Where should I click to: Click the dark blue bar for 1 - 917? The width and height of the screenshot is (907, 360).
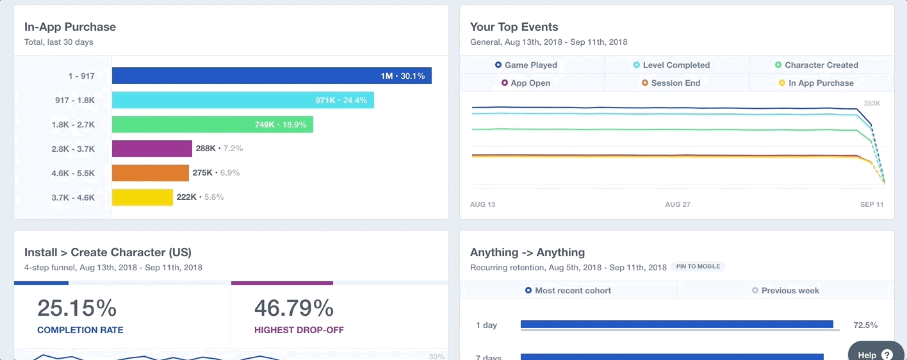pyautogui.click(x=272, y=76)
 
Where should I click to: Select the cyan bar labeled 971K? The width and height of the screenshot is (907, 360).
pyautogui.click(x=243, y=100)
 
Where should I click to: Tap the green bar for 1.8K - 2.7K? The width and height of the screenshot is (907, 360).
pyautogui.click(x=212, y=124)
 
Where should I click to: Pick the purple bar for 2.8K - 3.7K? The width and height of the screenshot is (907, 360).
pyautogui.click(x=152, y=149)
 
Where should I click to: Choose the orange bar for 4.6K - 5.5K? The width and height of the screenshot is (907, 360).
pyautogui.click(x=150, y=173)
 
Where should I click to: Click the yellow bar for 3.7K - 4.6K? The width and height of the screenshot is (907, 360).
pyautogui.click(x=142, y=197)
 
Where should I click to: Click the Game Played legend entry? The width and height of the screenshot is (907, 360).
pyautogui.click(x=526, y=65)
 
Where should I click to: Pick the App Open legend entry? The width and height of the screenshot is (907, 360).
pyautogui.click(x=526, y=83)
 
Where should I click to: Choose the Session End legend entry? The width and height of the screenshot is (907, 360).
pyautogui.click(x=671, y=83)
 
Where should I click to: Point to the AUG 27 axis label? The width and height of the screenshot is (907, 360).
pyautogui.click(x=678, y=204)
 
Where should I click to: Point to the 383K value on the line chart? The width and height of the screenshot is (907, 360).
pyautogui.click(x=872, y=103)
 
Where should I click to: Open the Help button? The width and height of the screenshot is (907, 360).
pyautogui.click(x=874, y=354)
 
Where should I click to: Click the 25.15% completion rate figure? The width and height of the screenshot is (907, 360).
pyautogui.click(x=77, y=308)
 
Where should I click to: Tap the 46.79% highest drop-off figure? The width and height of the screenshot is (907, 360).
pyautogui.click(x=294, y=308)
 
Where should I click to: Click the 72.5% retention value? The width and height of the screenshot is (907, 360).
pyautogui.click(x=865, y=325)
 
